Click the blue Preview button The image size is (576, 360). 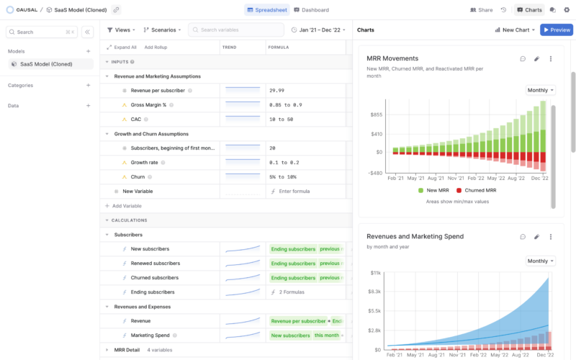pos(557,30)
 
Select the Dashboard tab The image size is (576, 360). pos(311,10)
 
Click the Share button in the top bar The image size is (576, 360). pos(482,10)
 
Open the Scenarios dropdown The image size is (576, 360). pos(162,30)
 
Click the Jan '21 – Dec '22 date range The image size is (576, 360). pos(318,30)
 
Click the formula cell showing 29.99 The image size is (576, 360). pos(276,91)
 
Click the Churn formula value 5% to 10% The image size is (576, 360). pos(282,177)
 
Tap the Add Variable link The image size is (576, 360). pos(127,206)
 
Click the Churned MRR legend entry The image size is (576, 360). pos(474,190)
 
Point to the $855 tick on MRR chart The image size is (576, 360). pos(375,114)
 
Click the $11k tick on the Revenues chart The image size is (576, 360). pos(375,273)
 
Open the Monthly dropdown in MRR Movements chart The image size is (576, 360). pos(541,90)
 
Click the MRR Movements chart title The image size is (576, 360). pos(392,58)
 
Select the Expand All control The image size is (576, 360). pos(122,47)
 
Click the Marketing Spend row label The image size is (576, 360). pos(150,336)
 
